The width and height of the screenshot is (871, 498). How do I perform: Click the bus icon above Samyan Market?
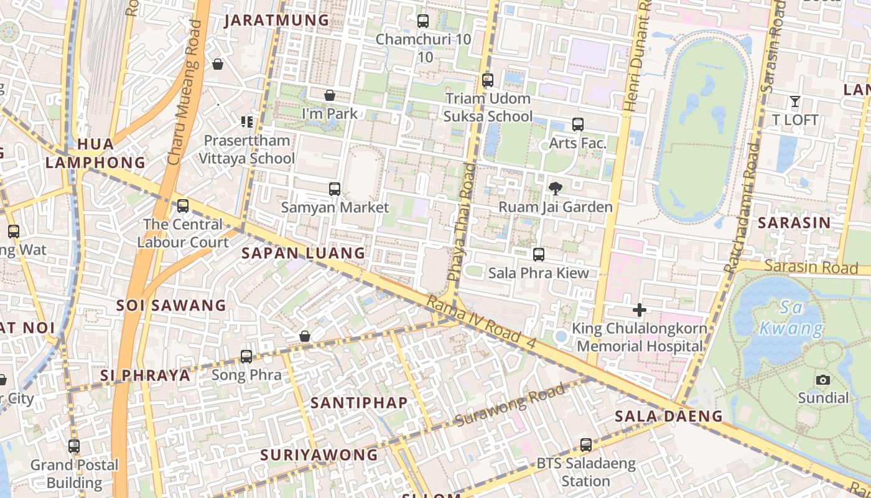(x=335, y=189)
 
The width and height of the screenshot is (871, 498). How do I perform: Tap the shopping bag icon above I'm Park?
(x=330, y=95)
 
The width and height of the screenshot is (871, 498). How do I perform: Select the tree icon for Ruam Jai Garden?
(x=555, y=188)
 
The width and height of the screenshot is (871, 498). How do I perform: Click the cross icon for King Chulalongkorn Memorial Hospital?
(x=639, y=309)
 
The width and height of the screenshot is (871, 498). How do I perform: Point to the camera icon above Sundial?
(x=822, y=380)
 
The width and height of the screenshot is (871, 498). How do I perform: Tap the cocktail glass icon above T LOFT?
(x=794, y=101)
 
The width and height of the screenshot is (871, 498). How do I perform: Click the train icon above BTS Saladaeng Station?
(x=585, y=445)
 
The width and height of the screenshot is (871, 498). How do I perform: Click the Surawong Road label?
(x=510, y=405)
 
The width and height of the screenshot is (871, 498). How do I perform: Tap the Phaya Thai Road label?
(x=461, y=222)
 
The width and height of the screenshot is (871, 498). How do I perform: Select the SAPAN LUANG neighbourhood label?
(x=303, y=253)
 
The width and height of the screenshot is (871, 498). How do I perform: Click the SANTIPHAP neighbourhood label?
(x=359, y=403)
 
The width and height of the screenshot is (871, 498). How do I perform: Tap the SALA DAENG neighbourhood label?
(x=668, y=416)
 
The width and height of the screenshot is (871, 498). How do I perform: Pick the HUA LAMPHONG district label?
(x=95, y=153)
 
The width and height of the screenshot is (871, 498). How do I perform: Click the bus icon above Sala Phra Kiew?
(x=539, y=254)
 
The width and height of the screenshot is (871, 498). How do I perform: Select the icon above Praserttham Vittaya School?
(x=247, y=121)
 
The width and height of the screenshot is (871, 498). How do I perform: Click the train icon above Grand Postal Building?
(x=74, y=446)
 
